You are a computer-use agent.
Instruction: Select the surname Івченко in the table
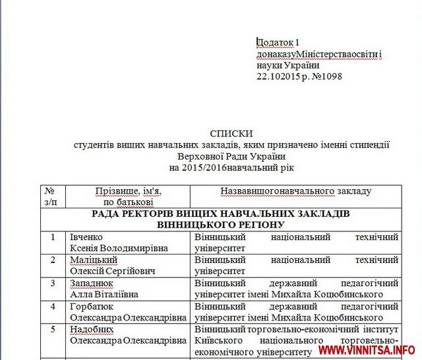(86, 237)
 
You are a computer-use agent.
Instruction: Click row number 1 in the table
(52, 237)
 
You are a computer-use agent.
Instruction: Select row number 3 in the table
(52, 283)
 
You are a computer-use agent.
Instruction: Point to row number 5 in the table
(52, 329)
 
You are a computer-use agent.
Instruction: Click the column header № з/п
(50, 196)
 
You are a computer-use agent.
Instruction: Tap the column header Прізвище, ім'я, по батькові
(128, 196)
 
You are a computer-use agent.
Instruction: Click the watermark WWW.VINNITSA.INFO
(367, 349)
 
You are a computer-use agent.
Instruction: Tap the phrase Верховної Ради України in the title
(222, 156)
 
